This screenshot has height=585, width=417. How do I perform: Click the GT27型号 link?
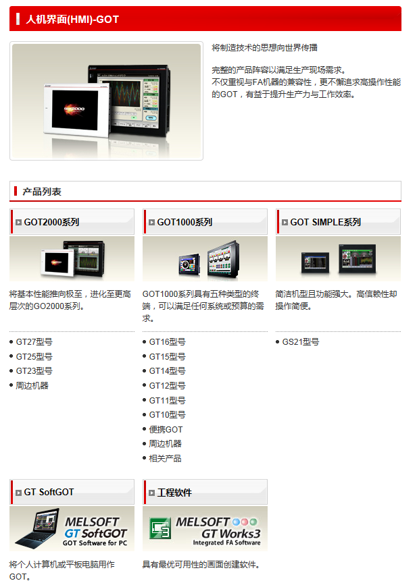pyautogui.click(x=34, y=341)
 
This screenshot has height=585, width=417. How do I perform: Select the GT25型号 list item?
pyautogui.click(x=34, y=357)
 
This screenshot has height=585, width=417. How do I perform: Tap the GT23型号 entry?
pyautogui.click(x=34, y=371)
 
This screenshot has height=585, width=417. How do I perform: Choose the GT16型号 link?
pyautogui.click(x=167, y=341)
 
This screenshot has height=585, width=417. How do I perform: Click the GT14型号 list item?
pyautogui.click(x=167, y=371)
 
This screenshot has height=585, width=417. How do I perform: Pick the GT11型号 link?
pyautogui.click(x=167, y=400)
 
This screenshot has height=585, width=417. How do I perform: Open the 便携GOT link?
pyautogui.click(x=166, y=429)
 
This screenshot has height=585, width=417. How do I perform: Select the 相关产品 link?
pyautogui.click(x=165, y=459)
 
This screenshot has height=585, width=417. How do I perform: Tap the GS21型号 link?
pyautogui.click(x=301, y=341)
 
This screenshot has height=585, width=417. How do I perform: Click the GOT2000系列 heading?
pyautogui.click(x=51, y=223)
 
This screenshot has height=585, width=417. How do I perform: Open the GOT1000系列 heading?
pyautogui.click(x=185, y=223)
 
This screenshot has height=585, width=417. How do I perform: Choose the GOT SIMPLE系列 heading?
pyautogui.click(x=325, y=223)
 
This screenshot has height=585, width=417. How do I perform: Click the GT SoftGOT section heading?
pyautogui.click(x=49, y=493)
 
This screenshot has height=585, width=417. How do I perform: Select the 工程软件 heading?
pyautogui.click(x=174, y=493)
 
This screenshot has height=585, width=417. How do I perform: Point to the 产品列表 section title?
pyautogui.click(x=42, y=192)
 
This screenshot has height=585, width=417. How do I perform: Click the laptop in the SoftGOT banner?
pyautogui.click(x=37, y=528)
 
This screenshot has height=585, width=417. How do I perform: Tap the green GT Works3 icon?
pyautogui.click(x=160, y=528)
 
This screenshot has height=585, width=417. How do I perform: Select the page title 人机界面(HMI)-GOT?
pyautogui.click(x=72, y=19)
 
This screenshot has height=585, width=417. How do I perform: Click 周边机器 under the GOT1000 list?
pyautogui.click(x=165, y=444)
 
